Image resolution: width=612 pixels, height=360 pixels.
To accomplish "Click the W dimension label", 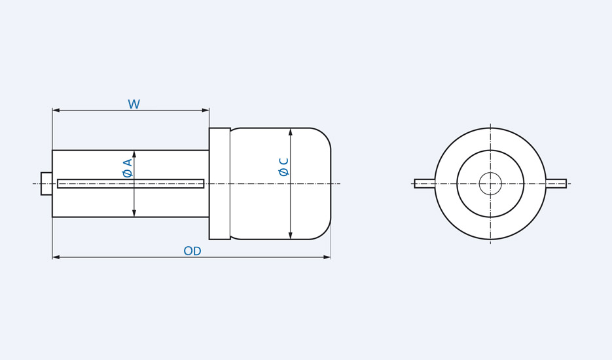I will click(x=134, y=105).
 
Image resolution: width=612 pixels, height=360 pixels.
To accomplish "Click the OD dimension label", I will click(x=192, y=251).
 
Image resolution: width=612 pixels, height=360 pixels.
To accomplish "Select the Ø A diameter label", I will click(x=128, y=168).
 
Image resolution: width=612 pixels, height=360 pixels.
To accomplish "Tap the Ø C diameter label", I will click(x=284, y=167).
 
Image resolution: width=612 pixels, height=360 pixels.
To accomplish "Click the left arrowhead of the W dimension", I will click(x=56, y=110).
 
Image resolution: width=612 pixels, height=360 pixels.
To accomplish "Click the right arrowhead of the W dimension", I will click(x=205, y=110).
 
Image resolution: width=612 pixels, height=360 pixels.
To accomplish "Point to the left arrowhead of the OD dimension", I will click(x=56, y=257).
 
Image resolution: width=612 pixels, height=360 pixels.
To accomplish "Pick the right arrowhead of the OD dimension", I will click(x=327, y=257).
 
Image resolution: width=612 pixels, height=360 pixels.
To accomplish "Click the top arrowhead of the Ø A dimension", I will click(x=134, y=154).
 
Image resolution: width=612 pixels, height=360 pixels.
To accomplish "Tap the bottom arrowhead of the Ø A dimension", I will click(x=134, y=213).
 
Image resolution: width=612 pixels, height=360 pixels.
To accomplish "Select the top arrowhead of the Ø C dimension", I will click(x=291, y=132).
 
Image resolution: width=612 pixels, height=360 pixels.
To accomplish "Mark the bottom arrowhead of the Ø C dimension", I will click(x=291, y=235).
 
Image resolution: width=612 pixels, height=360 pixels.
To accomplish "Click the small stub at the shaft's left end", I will click(x=46, y=184).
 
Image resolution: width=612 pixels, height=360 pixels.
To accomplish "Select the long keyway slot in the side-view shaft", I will click(x=131, y=184).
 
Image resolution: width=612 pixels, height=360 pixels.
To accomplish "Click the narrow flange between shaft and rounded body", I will click(x=219, y=184).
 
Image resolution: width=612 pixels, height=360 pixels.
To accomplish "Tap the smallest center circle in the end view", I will click(x=490, y=184).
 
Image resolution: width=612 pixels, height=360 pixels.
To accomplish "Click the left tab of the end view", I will click(x=424, y=184).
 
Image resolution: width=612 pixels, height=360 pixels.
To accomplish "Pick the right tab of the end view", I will click(x=556, y=184).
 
